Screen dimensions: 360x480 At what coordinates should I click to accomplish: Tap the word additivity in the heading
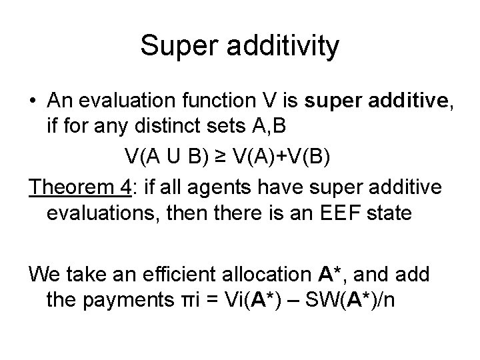(x=286, y=46)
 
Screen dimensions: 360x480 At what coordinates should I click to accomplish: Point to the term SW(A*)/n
(x=354, y=300)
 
